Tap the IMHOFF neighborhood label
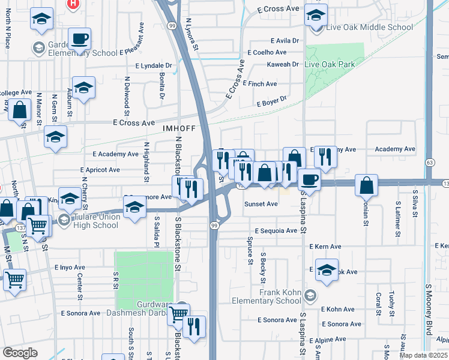click(x=178, y=128)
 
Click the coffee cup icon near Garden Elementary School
click(x=79, y=40)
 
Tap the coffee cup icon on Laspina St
click(x=309, y=179)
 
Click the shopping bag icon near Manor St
click(x=20, y=110)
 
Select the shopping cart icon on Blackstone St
click(x=178, y=314)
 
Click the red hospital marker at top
click(x=73, y=4)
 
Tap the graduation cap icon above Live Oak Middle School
click(x=316, y=16)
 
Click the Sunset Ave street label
click(x=261, y=204)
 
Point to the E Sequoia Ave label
click(x=276, y=230)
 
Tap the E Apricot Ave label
click(x=109, y=170)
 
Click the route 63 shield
click(x=430, y=163)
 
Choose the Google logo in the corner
click(x=20, y=353)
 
